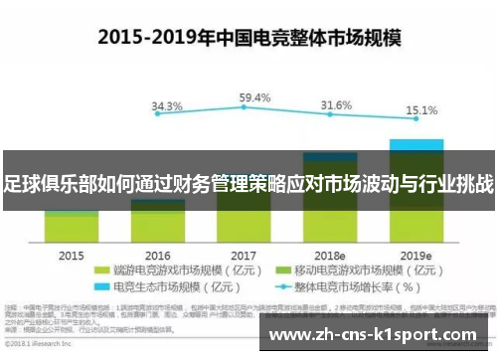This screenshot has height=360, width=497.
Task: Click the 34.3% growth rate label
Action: coord(166,106)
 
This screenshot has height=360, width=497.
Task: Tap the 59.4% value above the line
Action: coord(254,98)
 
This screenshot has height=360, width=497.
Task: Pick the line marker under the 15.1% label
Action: coord(417,126)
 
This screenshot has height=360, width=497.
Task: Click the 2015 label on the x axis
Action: coord(71,255)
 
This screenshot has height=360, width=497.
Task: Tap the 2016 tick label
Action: coord(157,255)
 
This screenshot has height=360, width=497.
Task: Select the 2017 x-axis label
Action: coord(244,255)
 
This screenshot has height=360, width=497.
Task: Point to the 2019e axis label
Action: coord(416,255)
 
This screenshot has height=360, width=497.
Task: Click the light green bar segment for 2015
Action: coord(72,228)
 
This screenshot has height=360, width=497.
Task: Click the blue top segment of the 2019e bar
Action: coord(416,144)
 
